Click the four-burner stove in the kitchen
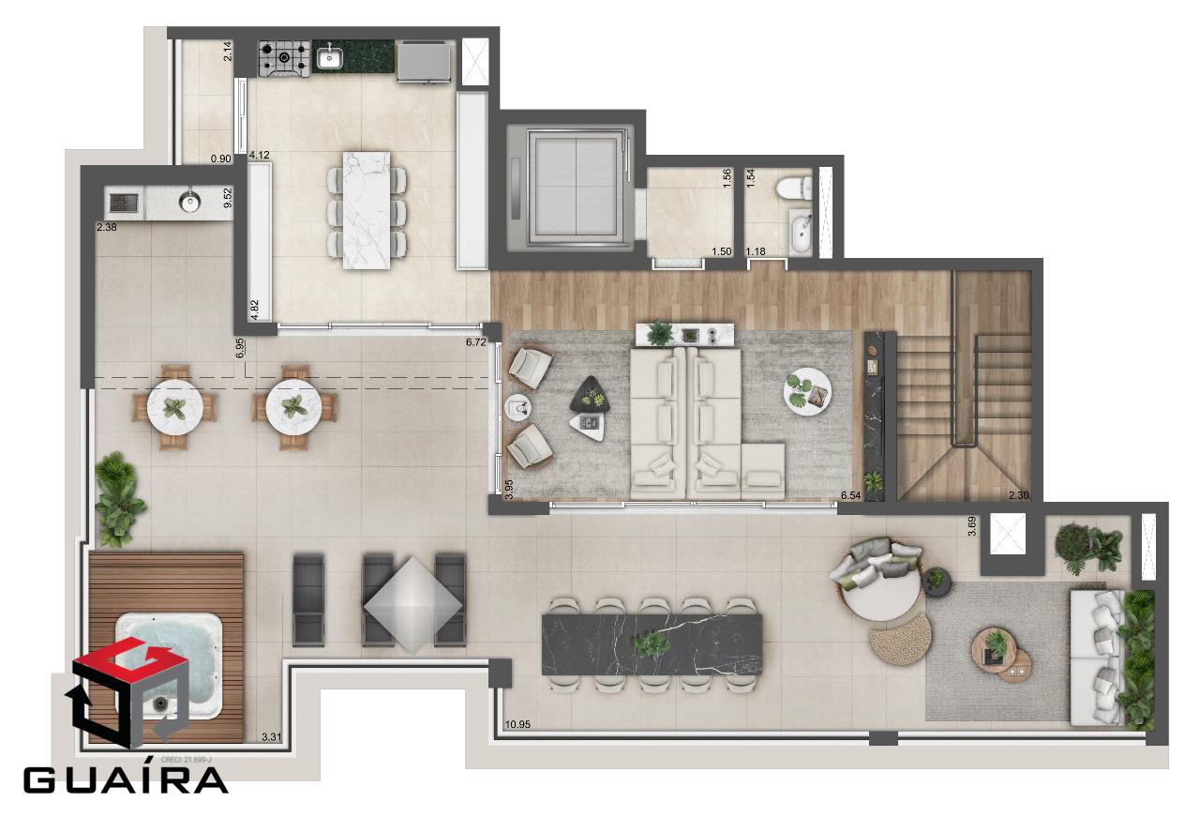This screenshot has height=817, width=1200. click(x=284, y=58)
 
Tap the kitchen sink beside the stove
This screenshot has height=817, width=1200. click(x=329, y=57)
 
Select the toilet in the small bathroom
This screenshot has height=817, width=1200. click(x=793, y=189)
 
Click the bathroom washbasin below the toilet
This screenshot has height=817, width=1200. click(x=801, y=232)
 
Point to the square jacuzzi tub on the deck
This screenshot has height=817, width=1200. click(x=169, y=666)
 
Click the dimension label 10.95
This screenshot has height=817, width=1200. click(x=517, y=724)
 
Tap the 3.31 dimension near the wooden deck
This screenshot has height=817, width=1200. click(x=271, y=736)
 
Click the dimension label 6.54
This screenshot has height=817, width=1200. click(x=850, y=495)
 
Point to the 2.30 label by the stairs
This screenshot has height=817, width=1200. click(x=1018, y=495)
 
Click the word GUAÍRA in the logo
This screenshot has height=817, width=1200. click(x=126, y=780)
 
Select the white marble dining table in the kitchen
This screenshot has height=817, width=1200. click(x=367, y=210)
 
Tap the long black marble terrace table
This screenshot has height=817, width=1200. click(x=652, y=644)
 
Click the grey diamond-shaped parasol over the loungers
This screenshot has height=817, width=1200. click(x=413, y=605)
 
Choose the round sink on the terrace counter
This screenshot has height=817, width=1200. click(x=189, y=202)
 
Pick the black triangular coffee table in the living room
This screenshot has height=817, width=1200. click(x=591, y=394)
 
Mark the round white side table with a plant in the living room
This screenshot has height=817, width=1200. click(x=807, y=390)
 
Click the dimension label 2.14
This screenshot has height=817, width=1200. click(x=228, y=51)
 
